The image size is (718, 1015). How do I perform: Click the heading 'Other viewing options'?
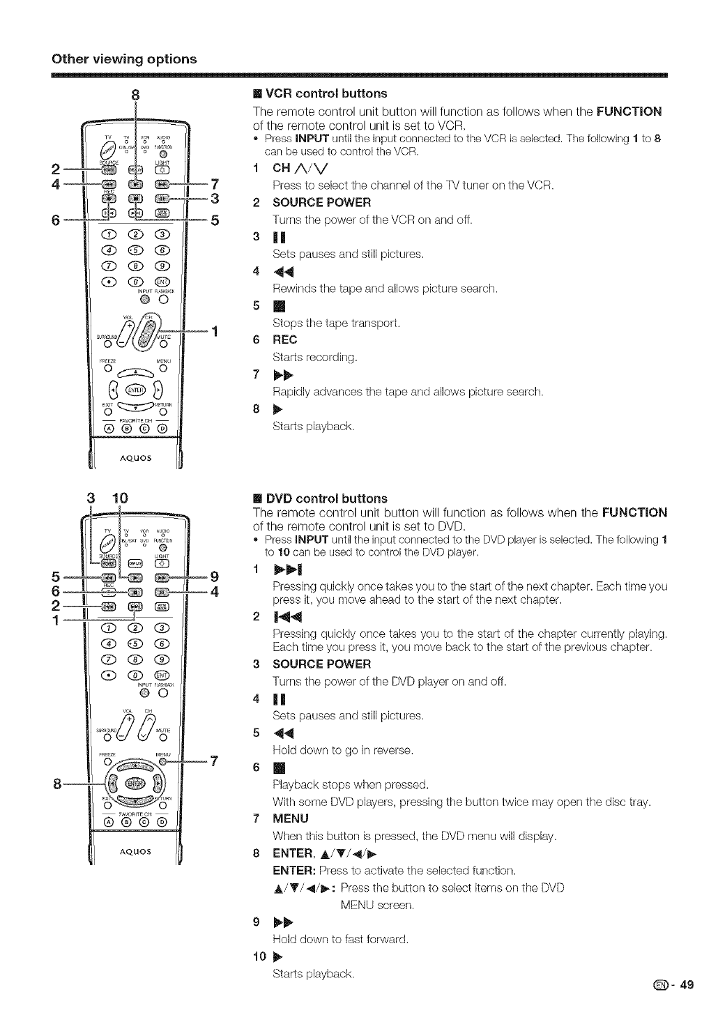(124, 59)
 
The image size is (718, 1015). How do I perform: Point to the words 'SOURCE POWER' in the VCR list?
(321, 203)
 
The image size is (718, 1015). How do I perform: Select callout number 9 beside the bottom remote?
(215, 576)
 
